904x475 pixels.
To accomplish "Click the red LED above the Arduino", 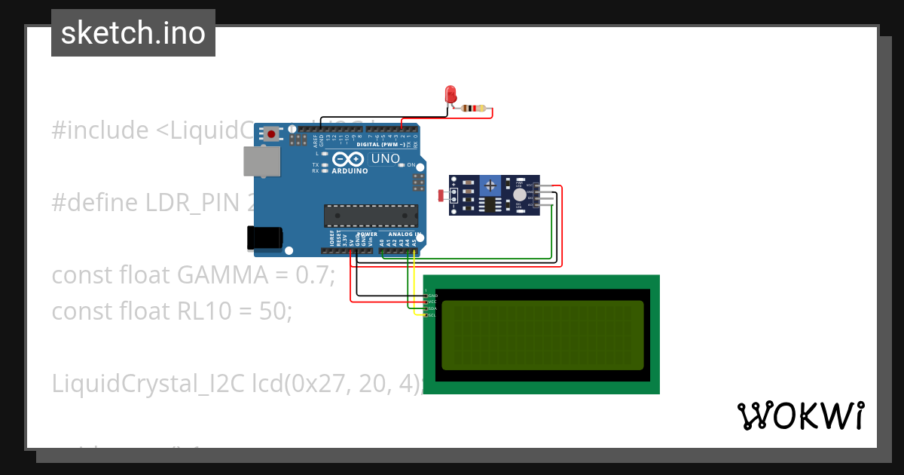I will [x=451, y=94].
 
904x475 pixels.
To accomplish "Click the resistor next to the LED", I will [x=474, y=109].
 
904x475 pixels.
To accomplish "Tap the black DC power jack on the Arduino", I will [x=265, y=238].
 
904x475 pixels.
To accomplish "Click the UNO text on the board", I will [x=385, y=159].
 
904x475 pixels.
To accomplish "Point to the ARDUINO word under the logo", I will [x=350, y=171].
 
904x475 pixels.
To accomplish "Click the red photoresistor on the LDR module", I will [x=441, y=195].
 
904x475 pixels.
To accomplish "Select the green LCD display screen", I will [x=542, y=335].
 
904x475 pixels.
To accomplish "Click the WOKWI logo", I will [x=800, y=415].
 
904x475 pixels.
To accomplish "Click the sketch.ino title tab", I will [x=133, y=33].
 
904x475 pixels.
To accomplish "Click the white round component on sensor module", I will [x=519, y=195].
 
